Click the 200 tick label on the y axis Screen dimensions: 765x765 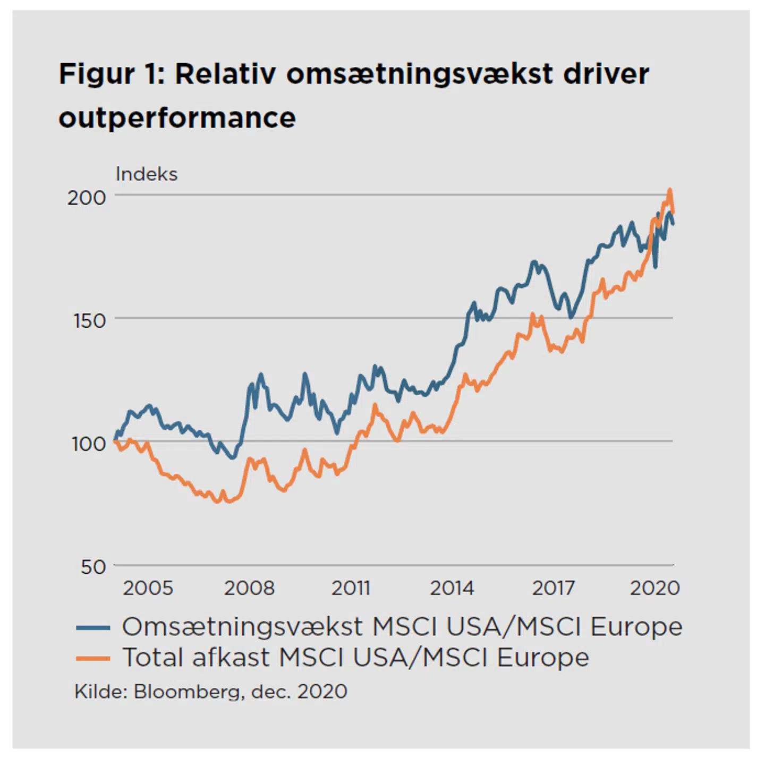(x=87, y=198)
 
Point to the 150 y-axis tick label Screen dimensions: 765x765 (x=90, y=321)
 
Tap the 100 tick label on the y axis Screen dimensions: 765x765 (x=89, y=444)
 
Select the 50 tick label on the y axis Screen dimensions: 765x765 (x=93, y=567)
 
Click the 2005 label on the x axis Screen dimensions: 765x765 (x=148, y=588)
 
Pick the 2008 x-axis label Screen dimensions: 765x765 (x=249, y=588)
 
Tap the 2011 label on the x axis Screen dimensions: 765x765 (x=351, y=588)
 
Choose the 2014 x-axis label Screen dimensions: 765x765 (x=452, y=588)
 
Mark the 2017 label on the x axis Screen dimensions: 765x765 (x=553, y=588)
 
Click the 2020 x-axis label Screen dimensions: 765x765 (x=654, y=588)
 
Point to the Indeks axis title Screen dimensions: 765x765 (x=147, y=174)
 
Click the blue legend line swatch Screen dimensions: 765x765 (x=93, y=628)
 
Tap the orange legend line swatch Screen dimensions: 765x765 (x=93, y=659)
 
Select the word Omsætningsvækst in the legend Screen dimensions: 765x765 (x=243, y=627)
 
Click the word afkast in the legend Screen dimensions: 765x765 (x=231, y=658)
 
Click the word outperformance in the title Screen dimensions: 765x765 (x=177, y=118)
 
